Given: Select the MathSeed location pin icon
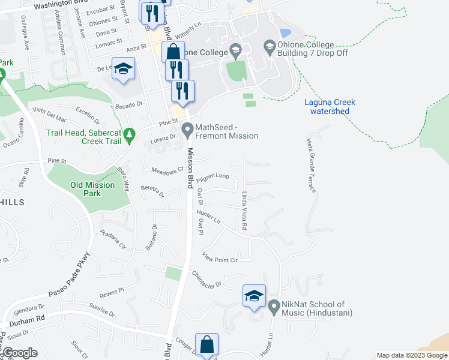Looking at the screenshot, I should (188, 129).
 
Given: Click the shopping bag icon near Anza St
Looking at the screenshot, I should (172, 52).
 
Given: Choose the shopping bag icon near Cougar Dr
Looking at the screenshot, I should (206, 344).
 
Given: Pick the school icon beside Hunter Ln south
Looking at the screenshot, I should (254, 295).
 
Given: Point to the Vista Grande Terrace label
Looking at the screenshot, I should (311, 165).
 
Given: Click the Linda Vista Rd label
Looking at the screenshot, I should (244, 211).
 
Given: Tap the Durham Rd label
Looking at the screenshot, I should (32, 319).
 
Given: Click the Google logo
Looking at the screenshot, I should (19, 353).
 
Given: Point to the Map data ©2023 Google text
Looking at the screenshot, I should (411, 355).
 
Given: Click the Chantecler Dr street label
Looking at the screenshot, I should (206, 279).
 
